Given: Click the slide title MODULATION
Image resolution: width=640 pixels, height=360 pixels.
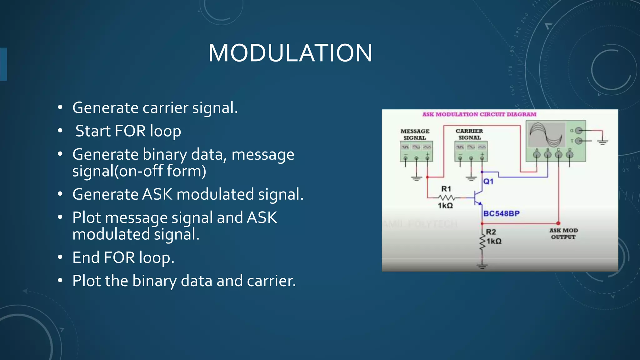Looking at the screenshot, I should coord(290,53).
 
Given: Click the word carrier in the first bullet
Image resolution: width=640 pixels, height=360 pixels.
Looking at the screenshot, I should coord(165,108).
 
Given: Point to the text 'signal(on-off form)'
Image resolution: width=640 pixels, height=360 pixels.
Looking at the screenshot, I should coord(139,171).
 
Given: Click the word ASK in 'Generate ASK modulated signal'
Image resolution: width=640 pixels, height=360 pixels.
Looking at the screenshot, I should coord(157,194).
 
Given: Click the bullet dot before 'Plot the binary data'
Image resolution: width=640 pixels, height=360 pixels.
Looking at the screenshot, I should coord(60,281).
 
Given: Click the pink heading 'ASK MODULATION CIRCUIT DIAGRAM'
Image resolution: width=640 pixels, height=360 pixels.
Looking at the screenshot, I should coord(479,114).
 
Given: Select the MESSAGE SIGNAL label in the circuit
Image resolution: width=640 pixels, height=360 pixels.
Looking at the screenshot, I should coord(415,134).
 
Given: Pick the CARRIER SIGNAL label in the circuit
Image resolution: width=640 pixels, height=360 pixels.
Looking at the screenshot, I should coord(469,134).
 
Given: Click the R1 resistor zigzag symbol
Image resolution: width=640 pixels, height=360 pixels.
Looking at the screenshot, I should coord(446,197).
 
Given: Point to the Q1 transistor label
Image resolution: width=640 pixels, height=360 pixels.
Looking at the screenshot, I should coord(488,181).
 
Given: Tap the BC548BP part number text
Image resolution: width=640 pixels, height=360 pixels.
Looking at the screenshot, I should coord(501,213).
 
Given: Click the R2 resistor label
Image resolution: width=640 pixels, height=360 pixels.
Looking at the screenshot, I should coord(491,232).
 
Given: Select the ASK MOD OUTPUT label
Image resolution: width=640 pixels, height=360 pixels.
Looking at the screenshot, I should coord(563,233).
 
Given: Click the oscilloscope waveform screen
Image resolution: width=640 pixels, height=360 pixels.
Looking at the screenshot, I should coord(546,135).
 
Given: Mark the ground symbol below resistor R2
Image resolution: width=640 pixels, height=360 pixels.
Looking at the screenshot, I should coord(482,266).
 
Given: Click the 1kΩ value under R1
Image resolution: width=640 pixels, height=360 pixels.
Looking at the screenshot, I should coord(445,205).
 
